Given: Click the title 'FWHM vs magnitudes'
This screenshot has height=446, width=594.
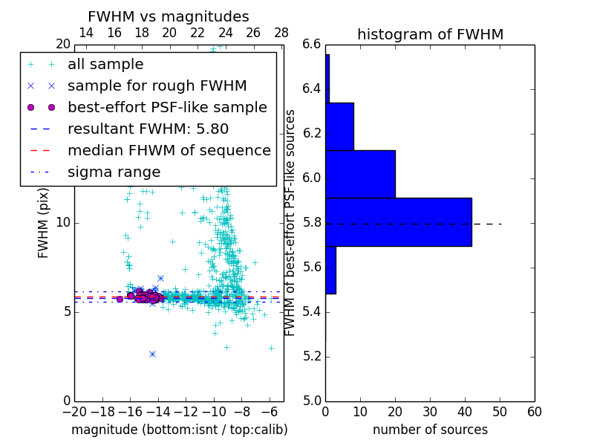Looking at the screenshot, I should [x=169, y=16].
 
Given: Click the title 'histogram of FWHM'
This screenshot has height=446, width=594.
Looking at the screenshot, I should [x=430, y=34].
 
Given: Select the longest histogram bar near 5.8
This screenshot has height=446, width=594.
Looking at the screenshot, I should [x=399, y=222].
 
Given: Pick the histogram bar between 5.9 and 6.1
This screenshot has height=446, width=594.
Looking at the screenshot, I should [x=361, y=174].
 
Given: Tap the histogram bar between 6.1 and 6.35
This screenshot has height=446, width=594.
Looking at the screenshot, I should [x=339, y=126].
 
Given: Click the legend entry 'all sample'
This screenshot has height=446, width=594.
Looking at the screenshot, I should [x=105, y=65].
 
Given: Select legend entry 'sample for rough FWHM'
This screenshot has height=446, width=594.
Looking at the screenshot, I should [x=157, y=86].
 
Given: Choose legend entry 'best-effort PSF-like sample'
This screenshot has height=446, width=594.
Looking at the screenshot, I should [x=167, y=108].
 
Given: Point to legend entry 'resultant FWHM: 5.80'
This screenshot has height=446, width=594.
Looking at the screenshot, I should [x=148, y=129].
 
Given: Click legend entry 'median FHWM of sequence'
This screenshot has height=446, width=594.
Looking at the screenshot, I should [x=169, y=151].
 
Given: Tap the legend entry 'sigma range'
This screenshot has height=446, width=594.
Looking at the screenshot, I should [x=114, y=172].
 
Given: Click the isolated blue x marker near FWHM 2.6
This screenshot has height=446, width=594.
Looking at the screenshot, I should [x=152, y=354].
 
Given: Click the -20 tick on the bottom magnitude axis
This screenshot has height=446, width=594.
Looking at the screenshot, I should [x=74, y=412].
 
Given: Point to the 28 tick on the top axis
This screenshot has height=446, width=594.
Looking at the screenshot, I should [x=281, y=33].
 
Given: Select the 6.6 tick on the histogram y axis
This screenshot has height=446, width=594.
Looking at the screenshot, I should [x=311, y=45].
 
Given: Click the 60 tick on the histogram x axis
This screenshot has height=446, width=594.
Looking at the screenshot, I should [x=534, y=412].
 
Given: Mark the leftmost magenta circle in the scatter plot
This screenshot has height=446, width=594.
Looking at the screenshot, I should [x=120, y=299].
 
